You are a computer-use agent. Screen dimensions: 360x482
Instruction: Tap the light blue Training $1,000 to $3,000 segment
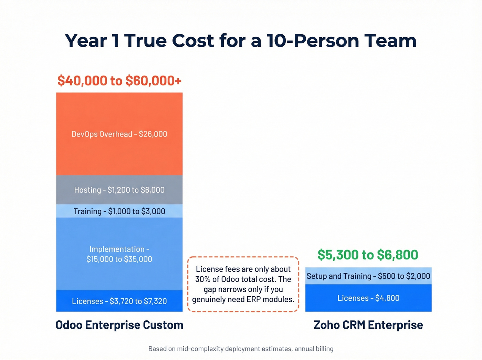(x=119, y=211)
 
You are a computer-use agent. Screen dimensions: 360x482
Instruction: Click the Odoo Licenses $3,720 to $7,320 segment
(x=119, y=301)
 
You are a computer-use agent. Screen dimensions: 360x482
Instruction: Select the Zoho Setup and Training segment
(x=368, y=276)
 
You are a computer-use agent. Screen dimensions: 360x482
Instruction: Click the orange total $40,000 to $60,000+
(x=119, y=81)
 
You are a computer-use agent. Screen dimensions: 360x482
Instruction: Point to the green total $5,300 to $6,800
(x=368, y=255)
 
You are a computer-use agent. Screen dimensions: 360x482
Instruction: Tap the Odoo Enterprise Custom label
(x=119, y=325)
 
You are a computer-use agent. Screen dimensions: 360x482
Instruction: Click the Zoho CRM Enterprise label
(x=368, y=325)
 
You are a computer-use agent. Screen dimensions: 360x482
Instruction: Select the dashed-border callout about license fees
(x=243, y=284)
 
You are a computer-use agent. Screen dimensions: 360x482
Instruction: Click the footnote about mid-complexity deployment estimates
(x=241, y=349)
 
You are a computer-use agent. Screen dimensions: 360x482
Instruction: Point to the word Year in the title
(x=86, y=41)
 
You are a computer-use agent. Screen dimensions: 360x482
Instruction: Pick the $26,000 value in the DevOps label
(x=153, y=134)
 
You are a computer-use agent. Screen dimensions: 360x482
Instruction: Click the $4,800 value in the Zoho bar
(x=387, y=298)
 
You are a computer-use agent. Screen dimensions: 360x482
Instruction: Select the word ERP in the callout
(x=253, y=299)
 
